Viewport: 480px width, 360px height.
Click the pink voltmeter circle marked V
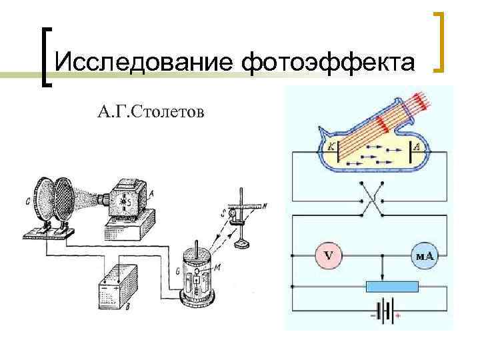[329, 255]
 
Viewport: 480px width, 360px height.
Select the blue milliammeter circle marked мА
[424, 255]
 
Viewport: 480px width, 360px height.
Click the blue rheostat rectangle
[392, 287]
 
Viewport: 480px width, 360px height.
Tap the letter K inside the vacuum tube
[328, 146]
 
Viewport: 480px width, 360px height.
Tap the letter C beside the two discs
[26, 198]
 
